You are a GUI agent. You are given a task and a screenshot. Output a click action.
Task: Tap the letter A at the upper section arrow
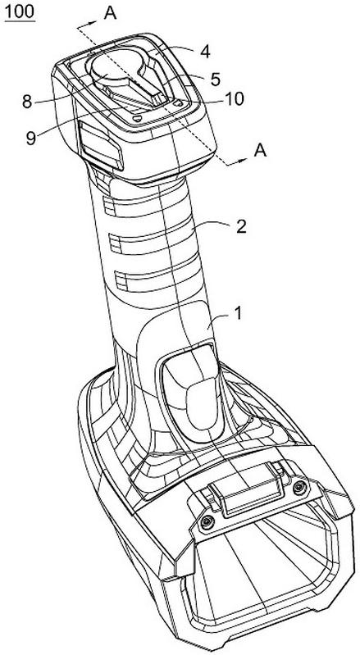coord(110,13)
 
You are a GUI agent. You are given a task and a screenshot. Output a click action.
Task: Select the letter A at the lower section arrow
coord(261,150)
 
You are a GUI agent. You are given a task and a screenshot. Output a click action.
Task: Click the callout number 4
coord(205,52)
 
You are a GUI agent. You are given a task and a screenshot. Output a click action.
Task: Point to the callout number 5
coord(215,80)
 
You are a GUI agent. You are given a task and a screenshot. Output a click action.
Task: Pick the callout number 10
coord(234,100)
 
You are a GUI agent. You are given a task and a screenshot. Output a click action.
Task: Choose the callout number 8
coord(27,102)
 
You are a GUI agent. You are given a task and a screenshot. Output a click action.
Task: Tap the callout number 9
coord(30,139)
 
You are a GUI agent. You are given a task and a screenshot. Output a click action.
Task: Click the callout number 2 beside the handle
coord(241,227)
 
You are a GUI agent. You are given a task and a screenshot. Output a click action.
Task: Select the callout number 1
coord(238,314)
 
